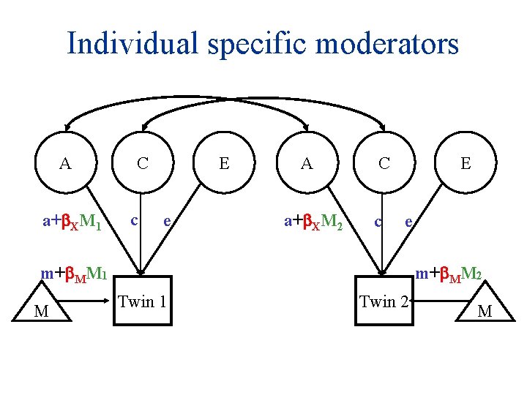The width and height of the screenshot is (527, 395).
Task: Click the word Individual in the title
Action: (x=130, y=43)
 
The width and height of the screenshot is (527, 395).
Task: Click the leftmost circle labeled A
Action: (x=66, y=163)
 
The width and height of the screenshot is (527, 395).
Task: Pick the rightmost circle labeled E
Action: (x=466, y=163)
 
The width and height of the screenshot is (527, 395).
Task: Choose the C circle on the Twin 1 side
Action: (x=143, y=163)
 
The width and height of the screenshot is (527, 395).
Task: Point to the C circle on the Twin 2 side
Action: (x=384, y=163)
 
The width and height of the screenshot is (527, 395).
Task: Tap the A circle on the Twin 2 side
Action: (x=307, y=163)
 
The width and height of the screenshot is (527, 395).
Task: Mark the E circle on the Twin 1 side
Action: (x=225, y=163)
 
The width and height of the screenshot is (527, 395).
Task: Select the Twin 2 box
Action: (x=384, y=301)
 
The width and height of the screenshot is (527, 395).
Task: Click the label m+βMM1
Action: (x=75, y=274)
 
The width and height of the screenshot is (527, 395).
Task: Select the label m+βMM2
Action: (x=448, y=274)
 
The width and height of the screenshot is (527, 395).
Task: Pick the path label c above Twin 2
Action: (x=377, y=219)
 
